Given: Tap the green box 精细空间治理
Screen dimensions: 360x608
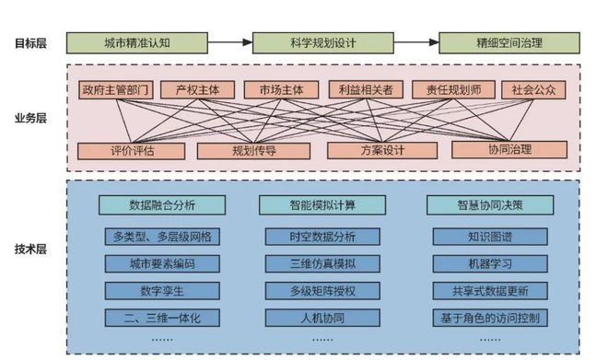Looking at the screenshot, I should [509, 42].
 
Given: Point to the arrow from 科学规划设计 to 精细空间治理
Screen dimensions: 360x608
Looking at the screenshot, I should [415, 42].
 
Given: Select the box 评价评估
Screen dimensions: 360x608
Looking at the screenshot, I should [119, 149].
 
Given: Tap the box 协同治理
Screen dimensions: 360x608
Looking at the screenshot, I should [509, 149].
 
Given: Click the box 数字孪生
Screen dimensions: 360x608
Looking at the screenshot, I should [161, 292].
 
